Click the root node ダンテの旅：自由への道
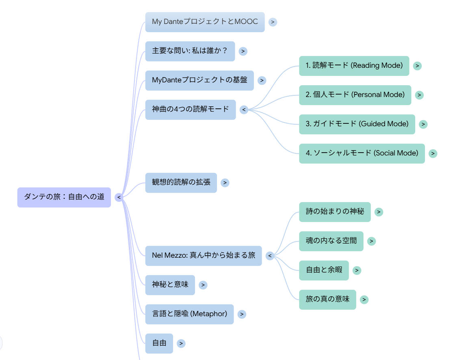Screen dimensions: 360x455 64,197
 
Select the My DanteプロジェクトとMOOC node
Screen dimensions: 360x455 205,22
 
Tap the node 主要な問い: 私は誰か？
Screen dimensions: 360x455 190,51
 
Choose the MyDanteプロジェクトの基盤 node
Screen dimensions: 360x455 199,80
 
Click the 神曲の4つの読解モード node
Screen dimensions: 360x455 190,110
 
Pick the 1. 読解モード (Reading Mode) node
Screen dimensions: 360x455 354,66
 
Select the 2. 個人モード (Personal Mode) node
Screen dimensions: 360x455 355,95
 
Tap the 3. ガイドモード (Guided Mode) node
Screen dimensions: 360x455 357,124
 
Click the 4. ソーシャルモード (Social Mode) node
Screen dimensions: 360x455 362,153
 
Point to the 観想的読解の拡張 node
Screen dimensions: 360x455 181,183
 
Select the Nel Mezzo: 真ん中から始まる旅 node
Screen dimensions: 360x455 203,256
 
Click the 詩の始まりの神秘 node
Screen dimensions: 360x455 335,212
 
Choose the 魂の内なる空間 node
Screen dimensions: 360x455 331,241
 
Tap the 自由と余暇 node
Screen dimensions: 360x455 324,270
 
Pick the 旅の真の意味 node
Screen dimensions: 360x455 327,300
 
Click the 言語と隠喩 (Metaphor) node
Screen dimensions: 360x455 189,314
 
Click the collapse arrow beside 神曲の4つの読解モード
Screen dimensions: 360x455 244,110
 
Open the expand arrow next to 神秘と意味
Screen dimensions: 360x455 203,285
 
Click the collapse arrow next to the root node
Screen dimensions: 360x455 119,197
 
